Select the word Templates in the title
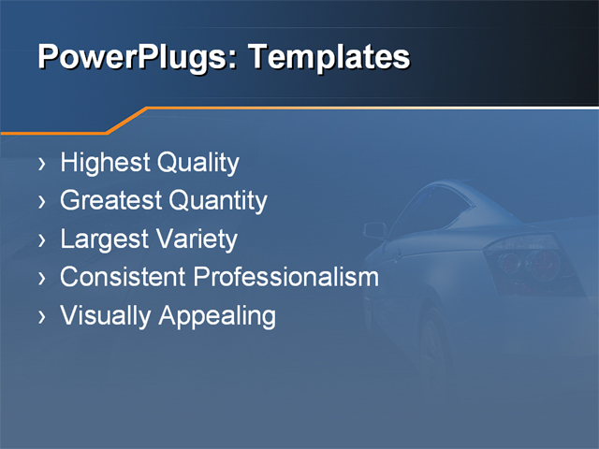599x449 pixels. (x=329, y=58)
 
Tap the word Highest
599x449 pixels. (x=104, y=164)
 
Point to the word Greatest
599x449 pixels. (x=110, y=201)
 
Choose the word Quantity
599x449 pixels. (x=217, y=201)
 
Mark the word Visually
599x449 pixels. (x=106, y=315)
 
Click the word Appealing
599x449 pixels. (x=217, y=315)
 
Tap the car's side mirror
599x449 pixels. (x=374, y=229)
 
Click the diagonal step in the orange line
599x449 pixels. (x=128, y=121)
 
